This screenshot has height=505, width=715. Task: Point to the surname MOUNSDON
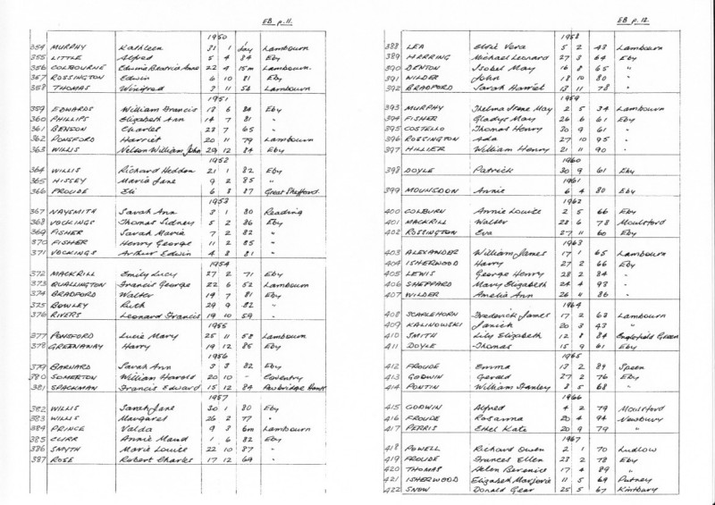pos(418,189)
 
